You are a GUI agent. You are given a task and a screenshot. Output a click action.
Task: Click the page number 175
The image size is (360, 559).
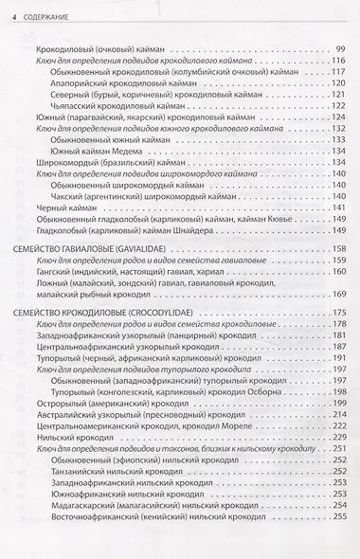(337, 313)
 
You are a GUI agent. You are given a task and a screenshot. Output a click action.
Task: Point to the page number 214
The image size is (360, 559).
(337, 388)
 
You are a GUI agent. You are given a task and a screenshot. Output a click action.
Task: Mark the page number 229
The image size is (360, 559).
(337, 410)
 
